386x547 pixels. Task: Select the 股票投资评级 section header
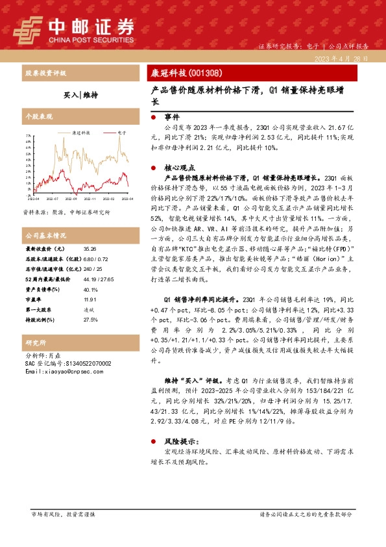click(x=45, y=73)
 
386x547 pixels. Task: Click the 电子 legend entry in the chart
click(x=121, y=132)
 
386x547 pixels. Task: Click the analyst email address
click(x=62, y=371)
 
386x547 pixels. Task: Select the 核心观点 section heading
click(x=178, y=167)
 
